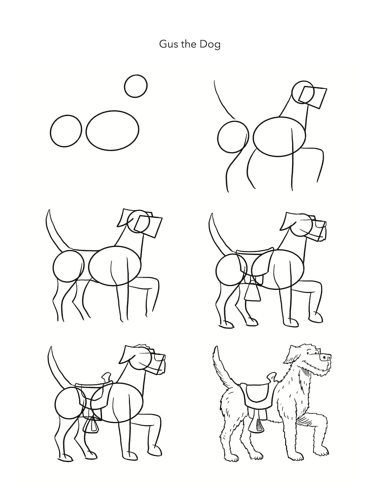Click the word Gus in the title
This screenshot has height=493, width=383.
167,44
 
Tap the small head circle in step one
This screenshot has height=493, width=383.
136,86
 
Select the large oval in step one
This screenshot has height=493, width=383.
113,132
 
